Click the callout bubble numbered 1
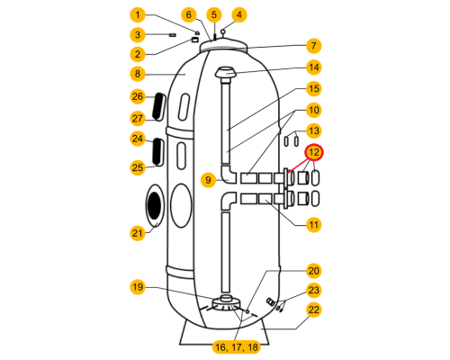[138, 14]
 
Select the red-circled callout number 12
[314, 152]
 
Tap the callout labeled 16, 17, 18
[237, 347]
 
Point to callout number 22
[314, 310]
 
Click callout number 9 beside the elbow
[208, 180]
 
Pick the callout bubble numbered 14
[314, 67]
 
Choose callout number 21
[138, 233]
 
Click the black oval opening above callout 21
[155, 205]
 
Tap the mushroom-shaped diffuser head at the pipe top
[226, 74]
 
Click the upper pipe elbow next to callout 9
[229, 175]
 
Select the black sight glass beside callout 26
[159, 106]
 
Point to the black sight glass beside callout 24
[157, 152]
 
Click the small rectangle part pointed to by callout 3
[173, 35]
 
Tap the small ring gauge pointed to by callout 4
[223, 31]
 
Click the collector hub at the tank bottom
[227, 302]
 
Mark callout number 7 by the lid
[314, 46]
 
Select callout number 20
[314, 271]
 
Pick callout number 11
[314, 225]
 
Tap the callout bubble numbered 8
[138, 74]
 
